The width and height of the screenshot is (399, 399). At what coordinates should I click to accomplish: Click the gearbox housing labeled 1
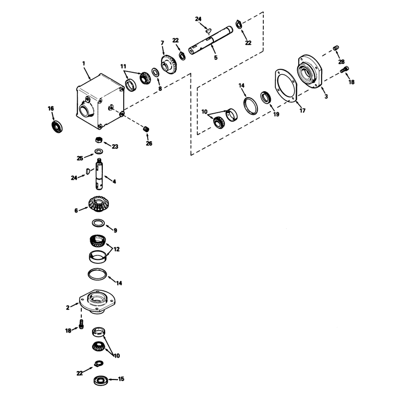pyautogui.click(x=100, y=101)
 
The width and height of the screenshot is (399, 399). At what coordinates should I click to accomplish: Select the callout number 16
pyautogui.click(x=51, y=109)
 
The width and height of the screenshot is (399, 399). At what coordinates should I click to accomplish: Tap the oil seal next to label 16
pyautogui.click(x=57, y=127)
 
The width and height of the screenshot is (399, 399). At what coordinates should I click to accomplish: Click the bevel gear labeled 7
pyautogui.click(x=169, y=65)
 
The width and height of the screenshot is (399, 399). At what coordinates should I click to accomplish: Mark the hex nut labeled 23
pyautogui.click(x=99, y=140)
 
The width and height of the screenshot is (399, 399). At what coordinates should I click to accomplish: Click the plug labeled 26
pyautogui.click(x=146, y=129)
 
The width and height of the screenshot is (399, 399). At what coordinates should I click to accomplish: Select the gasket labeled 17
pyautogui.click(x=286, y=86)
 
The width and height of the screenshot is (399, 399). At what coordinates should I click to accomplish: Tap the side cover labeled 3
pyautogui.click(x=310, y=71)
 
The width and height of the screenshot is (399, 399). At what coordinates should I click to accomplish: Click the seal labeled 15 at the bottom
pyautogui.click(x=101, y=380)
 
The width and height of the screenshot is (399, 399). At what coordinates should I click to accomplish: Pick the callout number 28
pyautogui.click(x=341, y=62)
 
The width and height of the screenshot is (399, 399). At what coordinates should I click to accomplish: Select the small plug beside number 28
pyautogui.click(x=336, y=48)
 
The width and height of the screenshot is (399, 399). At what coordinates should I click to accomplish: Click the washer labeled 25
pyautogui.click(x=99, y=152)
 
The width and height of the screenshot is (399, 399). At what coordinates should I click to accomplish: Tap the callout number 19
pyautogui.click(x=276, y=115)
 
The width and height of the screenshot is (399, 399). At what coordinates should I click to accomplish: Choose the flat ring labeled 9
pyautogui.click(x=98, y=223)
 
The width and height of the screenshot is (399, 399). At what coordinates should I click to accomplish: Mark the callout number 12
pyautogui.click(x=117, y=249)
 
